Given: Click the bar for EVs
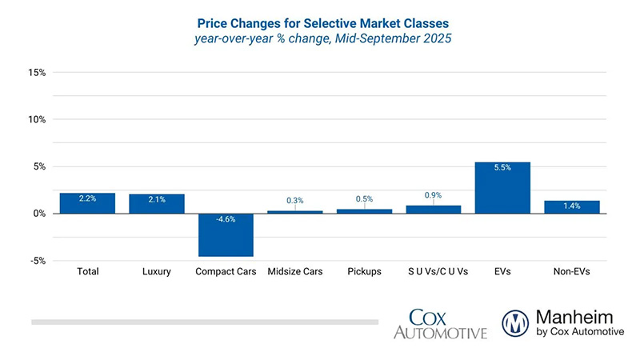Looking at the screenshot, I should tap(502, 187).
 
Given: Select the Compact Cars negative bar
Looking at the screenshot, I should tap(226, 234).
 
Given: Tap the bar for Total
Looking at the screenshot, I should tap(87, 203).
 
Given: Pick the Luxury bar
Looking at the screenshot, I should tap(157, 203).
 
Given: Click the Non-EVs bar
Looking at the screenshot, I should tap(571, 207).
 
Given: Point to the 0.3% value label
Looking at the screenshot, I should tap(295, 200).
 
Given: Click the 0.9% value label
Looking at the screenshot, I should tap(433, 194).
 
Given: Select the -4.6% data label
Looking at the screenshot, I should tap(226, 220).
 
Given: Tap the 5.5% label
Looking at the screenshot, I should tap(502, 168).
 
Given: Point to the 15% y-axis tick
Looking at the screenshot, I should tap(37, 73).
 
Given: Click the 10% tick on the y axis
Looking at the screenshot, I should tap(37, 120).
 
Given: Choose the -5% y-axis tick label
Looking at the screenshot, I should tap(38, 261).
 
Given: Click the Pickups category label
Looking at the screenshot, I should tap(364, 272).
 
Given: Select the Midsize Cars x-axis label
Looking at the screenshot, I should tap(295, 272).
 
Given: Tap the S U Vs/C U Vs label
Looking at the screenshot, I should tap(433, 272).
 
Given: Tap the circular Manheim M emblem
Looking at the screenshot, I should tap(515, 322).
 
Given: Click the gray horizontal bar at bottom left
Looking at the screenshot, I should tap(204, 322).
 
